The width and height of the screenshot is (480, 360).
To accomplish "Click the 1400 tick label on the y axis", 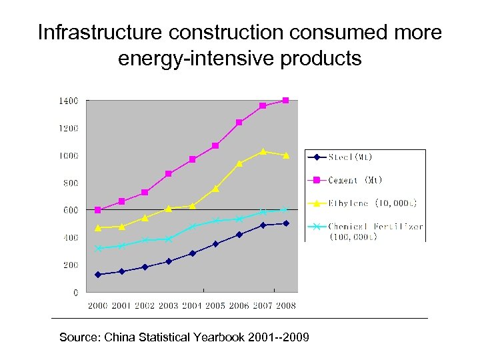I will tap(67, 101).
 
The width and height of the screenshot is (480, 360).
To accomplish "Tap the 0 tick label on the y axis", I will tap(75, 292).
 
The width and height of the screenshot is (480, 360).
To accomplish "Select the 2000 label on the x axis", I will tap(98, 305).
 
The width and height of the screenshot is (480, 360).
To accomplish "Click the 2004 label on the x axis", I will tap(192, 305).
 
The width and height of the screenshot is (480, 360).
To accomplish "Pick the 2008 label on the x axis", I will tap(286, 305).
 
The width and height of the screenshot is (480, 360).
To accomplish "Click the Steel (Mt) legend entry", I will tap(351, 157).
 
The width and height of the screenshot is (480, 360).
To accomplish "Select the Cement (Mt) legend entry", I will tap(355, 180).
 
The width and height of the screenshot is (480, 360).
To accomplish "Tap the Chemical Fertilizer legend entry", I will tap(375, 227).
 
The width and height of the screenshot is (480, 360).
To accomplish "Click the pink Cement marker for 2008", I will tap(286, 101).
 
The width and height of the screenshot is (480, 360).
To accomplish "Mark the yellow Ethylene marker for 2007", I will tap(263, 151).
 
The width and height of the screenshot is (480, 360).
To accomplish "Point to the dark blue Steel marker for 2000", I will tap(98, 274).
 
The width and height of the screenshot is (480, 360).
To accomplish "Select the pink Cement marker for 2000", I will tap(98, 210).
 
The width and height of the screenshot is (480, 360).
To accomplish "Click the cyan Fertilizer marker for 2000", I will tap(98, 249).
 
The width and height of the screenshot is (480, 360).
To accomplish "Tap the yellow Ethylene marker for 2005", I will tap(215, 189).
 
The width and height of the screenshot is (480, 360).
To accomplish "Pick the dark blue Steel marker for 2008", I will tap(286, 223).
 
